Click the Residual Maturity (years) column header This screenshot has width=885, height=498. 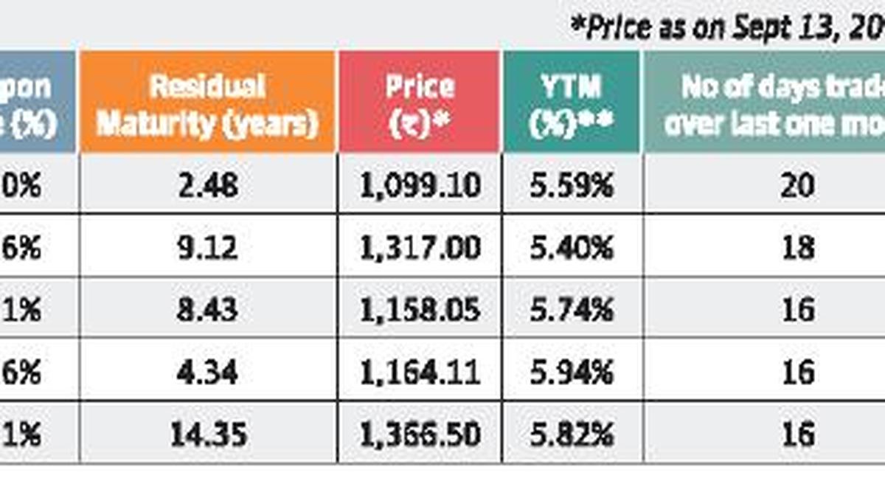[207, 104]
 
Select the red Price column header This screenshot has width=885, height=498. [420, 104]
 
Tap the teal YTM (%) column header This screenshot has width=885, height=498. [571, 104]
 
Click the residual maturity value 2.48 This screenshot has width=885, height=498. [208, 185]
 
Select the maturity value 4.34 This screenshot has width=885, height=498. [208, 372]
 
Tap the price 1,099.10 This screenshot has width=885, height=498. [420, 185]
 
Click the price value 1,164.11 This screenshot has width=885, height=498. [420, 372]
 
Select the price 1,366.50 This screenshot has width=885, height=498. [420, 434]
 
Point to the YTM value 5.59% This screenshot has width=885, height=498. [572, 185]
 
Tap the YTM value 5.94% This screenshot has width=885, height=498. [572, 372]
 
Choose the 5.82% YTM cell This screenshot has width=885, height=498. [572, 434]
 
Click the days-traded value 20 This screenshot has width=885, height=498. [799, 185]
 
